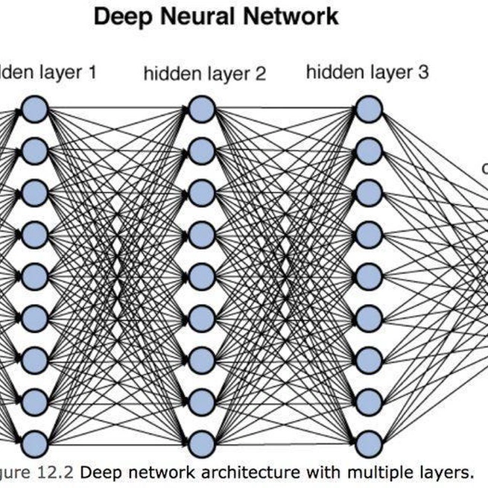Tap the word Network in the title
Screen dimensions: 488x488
[293, 16]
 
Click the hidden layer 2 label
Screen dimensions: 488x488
[204, 74]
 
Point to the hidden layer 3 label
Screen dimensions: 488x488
[367, 72]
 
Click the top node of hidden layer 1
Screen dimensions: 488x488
[34, 110]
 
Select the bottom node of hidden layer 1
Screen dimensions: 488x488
[34, 444]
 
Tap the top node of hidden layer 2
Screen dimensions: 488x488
[201, 110]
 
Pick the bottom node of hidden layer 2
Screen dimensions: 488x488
[201, 444]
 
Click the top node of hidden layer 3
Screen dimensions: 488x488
[368, 110]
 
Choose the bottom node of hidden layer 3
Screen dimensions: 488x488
[368, 444]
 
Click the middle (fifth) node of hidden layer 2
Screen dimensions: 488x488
[201, 277]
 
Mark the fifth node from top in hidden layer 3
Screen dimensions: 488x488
[368, 277]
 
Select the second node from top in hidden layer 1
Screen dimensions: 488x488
[34, 152]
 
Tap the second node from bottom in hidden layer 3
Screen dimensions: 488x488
[368, 402]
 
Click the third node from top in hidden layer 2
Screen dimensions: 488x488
[201, 194]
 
